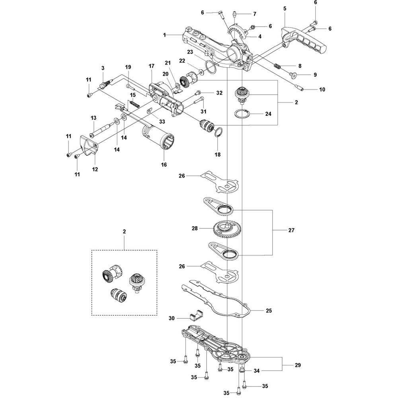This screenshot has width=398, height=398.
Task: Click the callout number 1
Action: click(x=164, y=35)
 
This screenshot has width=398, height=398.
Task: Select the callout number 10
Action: click(x=322, y=90)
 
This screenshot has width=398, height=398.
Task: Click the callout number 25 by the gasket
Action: click(x=269, y=310)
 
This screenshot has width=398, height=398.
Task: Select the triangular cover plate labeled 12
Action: click(x=89, y=145)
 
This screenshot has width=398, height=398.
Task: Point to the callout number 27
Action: click(x=291, y=230)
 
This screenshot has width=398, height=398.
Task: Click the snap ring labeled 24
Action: click(x=242, y=113)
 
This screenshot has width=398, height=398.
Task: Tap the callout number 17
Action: click(x=151, y=66)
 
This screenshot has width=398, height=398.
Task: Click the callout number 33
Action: click(x=162, y=121)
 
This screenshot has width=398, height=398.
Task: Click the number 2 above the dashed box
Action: click(x=124, y=232)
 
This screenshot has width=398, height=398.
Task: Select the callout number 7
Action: click(x=255, y=14)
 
